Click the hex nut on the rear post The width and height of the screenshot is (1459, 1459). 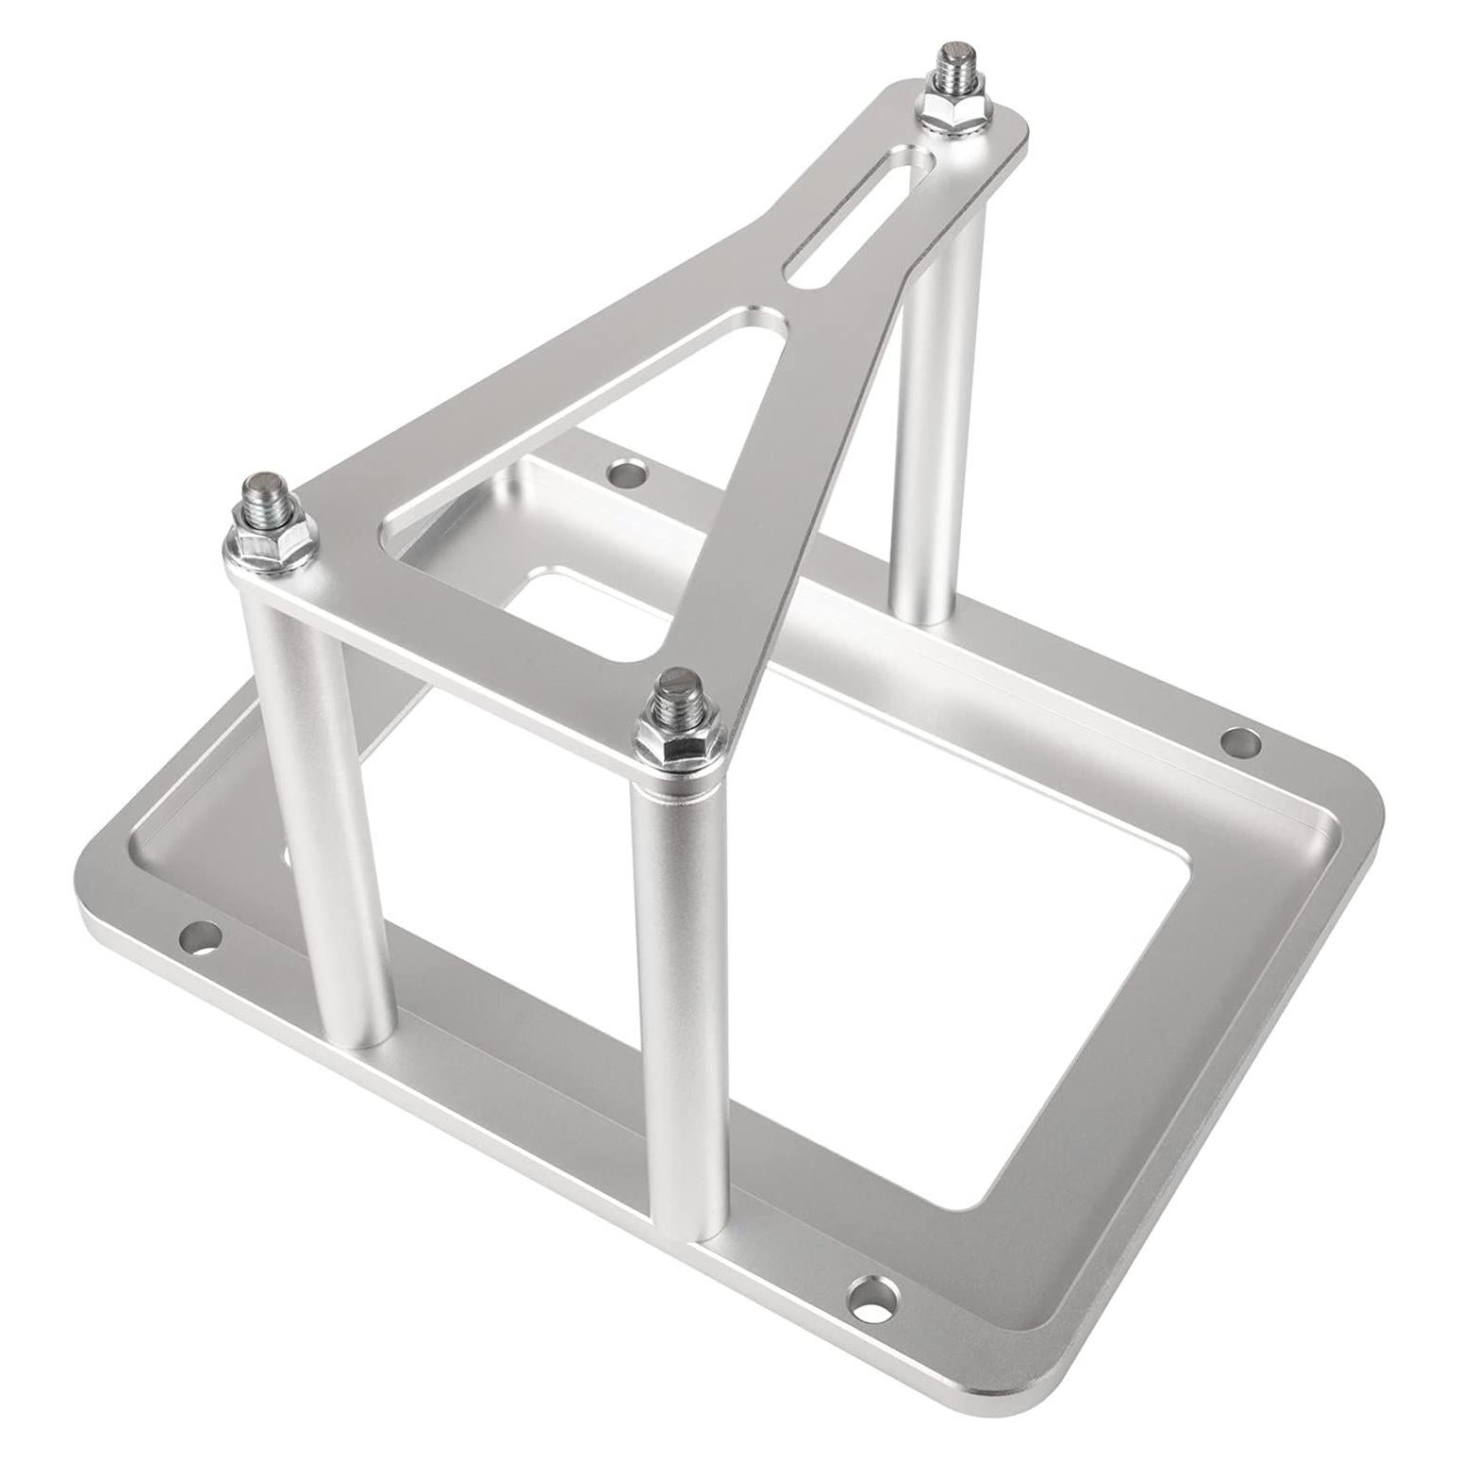click(x=947, y=111)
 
